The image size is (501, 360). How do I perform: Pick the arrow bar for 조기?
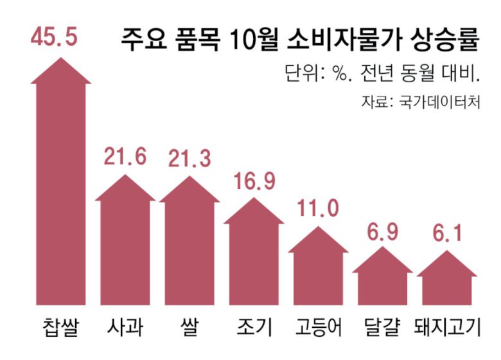(x=253, y=257)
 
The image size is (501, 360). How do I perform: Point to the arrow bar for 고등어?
(x=317, y=270)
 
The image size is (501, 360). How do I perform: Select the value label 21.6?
(x=125, y=156)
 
